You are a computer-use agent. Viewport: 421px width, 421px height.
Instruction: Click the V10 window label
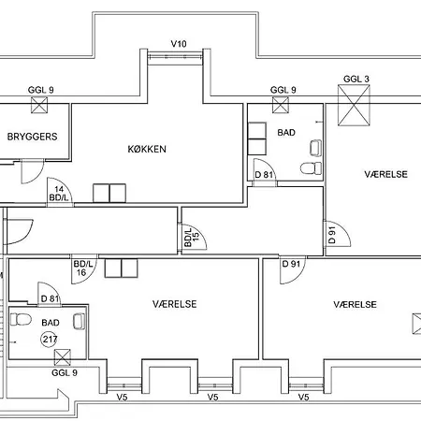(x=179, y=44)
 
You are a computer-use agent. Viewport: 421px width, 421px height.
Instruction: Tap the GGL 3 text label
(x=356, y=79)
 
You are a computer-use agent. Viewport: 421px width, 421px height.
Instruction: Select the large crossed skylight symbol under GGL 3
(x=354, y=106)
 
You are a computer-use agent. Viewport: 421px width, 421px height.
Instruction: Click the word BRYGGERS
(x=32, y=137)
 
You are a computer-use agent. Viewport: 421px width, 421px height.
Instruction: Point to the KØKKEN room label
(x=147, y=149)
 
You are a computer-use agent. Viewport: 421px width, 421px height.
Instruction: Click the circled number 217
(x=50, y=339)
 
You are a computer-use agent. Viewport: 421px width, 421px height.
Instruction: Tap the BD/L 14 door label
(x=59, y=194)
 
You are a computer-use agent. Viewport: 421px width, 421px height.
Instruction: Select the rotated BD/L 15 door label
(x=192, y=237)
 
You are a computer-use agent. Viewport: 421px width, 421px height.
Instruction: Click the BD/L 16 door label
(x=83, y=269)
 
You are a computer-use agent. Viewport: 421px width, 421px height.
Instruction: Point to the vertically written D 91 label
(x=332, y=235)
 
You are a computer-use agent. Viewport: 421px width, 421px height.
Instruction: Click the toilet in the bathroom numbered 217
(x=21, y=319)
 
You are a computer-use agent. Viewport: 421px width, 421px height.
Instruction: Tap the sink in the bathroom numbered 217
(x=79, y=322)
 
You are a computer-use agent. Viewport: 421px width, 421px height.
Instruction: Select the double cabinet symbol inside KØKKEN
(x=109, y=194)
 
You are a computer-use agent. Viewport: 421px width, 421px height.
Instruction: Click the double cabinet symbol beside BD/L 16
(x=121, y=269)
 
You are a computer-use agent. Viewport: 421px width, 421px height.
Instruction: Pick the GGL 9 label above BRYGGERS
(x=41, y=90)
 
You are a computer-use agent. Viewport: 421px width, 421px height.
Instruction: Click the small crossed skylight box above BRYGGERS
(x=39, y=105)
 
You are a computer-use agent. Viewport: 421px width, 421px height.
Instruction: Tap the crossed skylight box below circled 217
(x=63, y=357)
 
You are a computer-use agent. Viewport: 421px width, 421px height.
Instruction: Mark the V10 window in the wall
(x=175, y=57)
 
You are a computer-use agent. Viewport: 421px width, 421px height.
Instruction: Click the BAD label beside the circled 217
(x=51, y=323)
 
